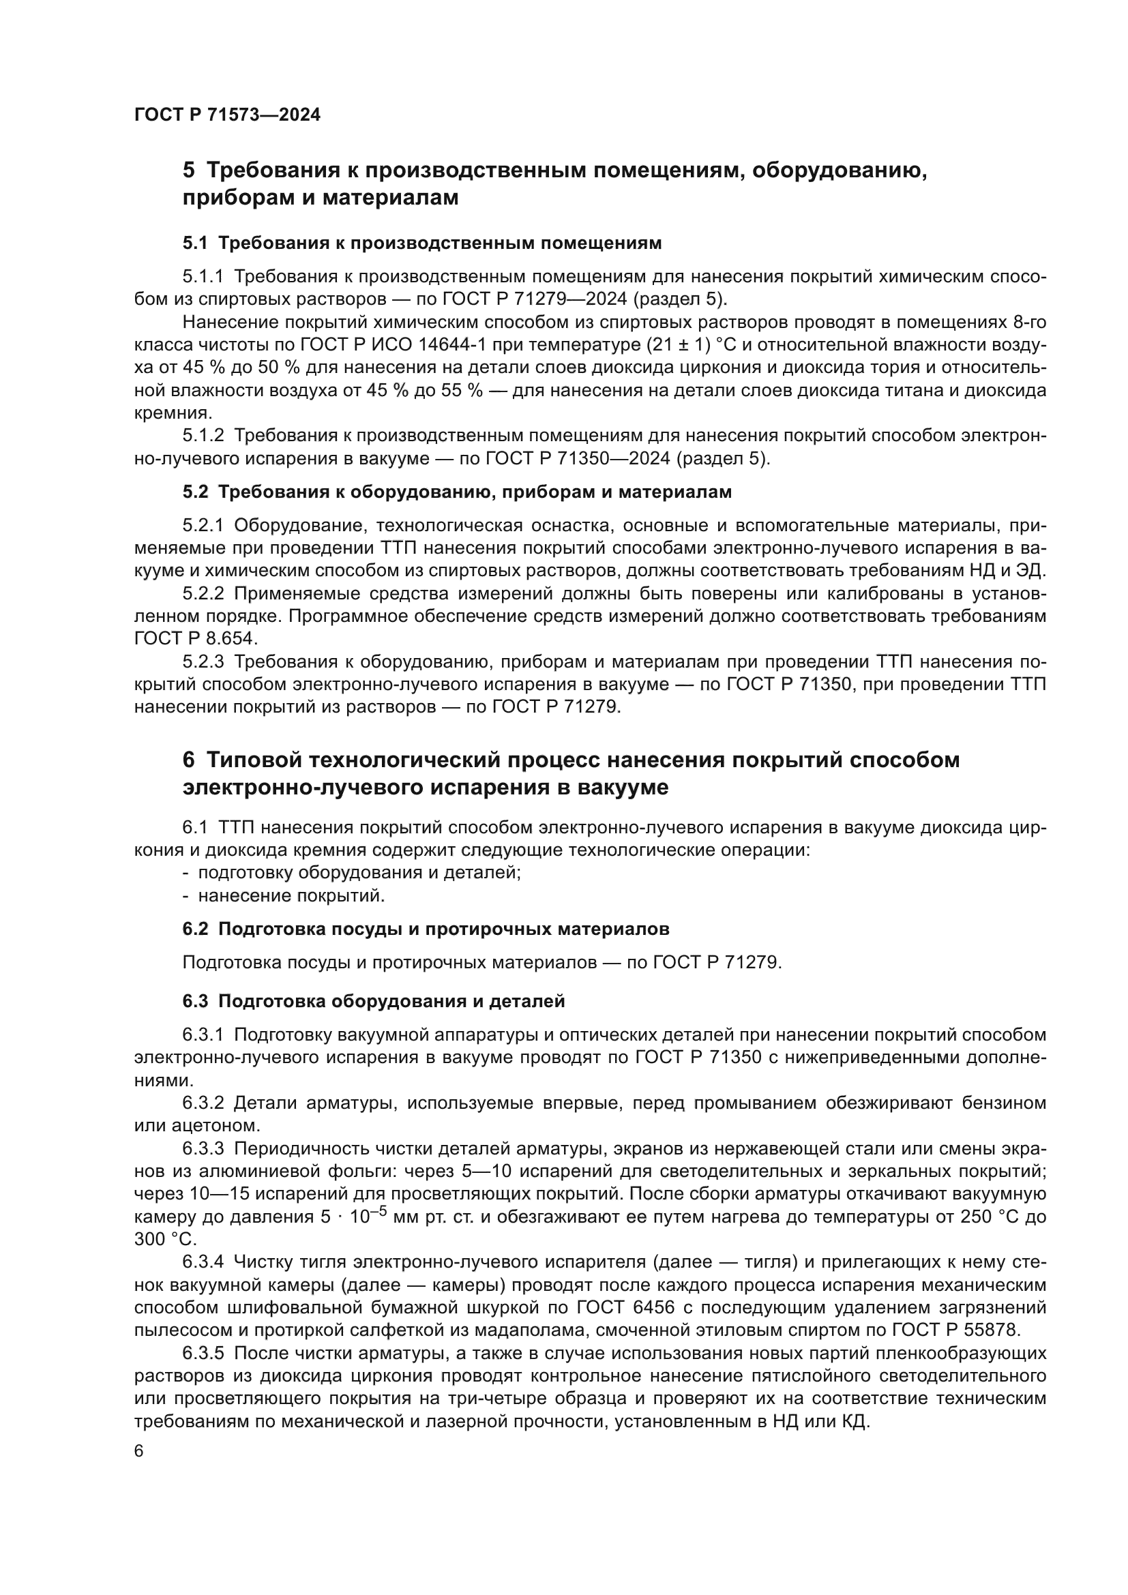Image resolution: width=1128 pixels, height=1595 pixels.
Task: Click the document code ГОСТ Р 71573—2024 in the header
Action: click(x=227, y=115)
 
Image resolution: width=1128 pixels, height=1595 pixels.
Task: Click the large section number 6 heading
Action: click(x=189, y=760)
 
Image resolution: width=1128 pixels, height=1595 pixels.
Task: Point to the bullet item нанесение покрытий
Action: click(x=291, y=895)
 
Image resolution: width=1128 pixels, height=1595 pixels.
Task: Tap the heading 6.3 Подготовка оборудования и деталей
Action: click(x=373, y=1001)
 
